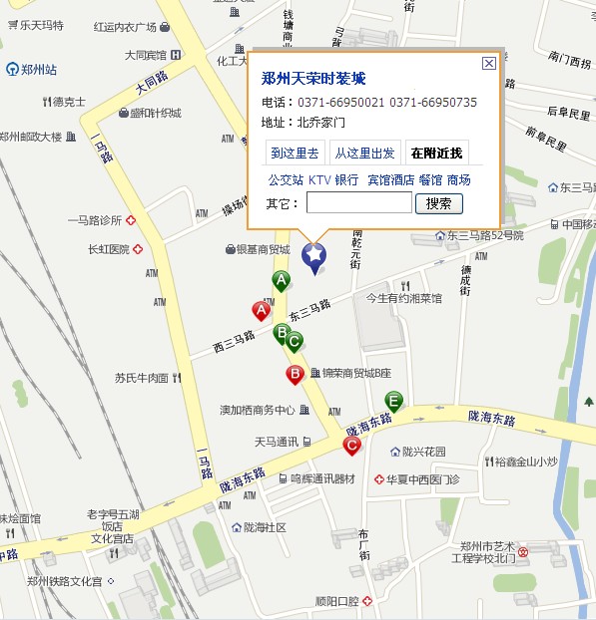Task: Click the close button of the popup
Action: (x=488, y=63)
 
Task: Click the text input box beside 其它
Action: (x=358, y=203)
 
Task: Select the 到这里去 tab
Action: (x=296, y=154)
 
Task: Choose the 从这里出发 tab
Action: (x=364, y=154)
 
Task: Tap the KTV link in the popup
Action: (x=318, y=180)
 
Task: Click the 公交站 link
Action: (x=286, y=180)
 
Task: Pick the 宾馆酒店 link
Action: (x=390, y=180)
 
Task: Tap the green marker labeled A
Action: (x=282, y=280)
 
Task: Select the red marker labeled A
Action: (x=262, y=311)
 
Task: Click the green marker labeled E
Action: (x=393, y=402)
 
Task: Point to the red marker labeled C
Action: (x=351, y=446)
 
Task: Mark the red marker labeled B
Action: (x=295, y=375)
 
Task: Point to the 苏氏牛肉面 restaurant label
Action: (x=141, y=379)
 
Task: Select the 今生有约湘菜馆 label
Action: (x=403, y=297)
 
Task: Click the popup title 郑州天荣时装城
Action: (x=313, y=79)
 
